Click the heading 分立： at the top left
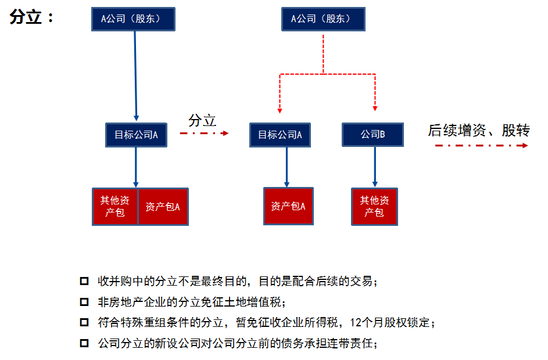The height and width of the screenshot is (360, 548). coord(32,17)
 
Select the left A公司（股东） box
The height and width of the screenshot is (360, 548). coord(133,19)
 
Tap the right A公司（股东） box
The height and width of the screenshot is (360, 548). coord(323,19)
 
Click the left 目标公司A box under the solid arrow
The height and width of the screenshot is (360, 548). coord(136,135)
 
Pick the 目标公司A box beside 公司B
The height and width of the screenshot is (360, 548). coord(280,135)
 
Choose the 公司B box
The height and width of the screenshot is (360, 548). coord(373,135)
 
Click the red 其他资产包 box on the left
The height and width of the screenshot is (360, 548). coord(115,206)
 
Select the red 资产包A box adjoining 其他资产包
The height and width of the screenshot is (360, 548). coord(163,206)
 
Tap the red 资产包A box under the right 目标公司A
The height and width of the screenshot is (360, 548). coord(288,206)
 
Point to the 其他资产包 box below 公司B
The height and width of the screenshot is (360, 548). coord(374,206)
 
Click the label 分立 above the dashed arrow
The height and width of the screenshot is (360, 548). coord(202,121)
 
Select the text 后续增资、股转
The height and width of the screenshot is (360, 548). coord(479,131)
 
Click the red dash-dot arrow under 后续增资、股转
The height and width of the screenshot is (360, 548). coord(481,145)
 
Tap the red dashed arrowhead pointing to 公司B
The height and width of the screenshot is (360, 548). coord(375,108)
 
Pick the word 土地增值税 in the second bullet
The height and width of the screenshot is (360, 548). coord(257,302)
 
